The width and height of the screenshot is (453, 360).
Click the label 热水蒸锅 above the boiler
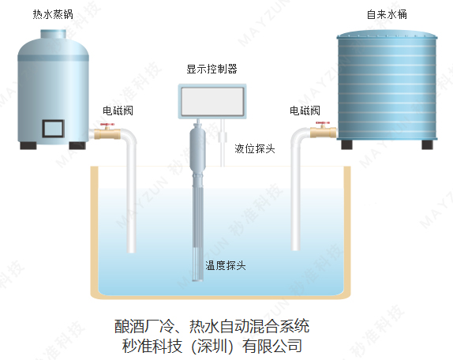53,14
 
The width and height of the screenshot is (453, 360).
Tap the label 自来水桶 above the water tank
387,14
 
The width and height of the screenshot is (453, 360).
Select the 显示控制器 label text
212,69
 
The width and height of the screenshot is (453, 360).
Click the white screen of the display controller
212,101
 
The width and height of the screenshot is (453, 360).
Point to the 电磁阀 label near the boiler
118,111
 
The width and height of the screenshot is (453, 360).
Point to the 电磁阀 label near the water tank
305,111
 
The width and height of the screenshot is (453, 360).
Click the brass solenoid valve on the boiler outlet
107,133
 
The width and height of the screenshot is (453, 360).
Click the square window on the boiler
53,128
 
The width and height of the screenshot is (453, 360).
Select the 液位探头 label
255,148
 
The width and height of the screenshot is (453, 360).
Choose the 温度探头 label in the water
226,265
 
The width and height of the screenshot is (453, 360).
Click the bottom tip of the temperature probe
198,280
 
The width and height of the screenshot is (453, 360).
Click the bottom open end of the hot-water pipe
132,251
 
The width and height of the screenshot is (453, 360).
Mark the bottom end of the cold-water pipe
295,249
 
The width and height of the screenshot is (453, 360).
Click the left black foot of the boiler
28,145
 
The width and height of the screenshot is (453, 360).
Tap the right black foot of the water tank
427,144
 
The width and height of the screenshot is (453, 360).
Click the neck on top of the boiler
54,34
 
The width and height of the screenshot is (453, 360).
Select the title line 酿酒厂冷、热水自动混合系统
212,326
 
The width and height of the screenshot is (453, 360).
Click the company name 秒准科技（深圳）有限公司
212,346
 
